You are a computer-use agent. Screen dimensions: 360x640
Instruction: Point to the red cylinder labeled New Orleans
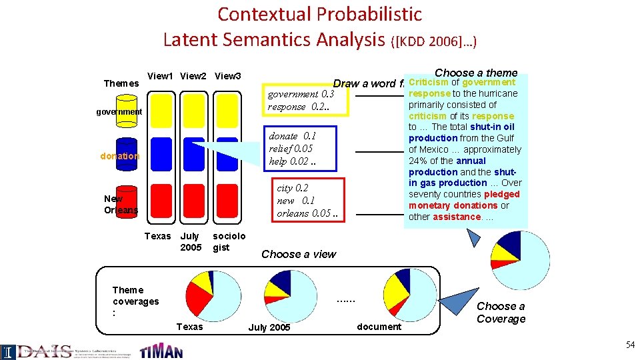[127, 199]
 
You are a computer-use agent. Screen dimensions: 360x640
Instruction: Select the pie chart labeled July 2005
[291, 296]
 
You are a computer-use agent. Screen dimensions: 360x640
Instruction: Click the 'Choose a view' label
[299, 254]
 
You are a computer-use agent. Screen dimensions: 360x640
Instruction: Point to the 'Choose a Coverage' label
[501, 312]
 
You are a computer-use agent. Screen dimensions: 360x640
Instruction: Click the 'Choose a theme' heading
[475, 73]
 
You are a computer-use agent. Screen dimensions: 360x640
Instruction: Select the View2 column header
[193, 76]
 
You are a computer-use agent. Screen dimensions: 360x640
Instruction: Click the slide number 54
[630, 345]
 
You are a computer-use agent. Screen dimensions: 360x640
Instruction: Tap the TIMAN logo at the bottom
[161, 350]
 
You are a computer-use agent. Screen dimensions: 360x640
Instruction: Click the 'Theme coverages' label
[135, 301]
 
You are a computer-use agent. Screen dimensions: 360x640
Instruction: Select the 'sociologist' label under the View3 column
[229, 241]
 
